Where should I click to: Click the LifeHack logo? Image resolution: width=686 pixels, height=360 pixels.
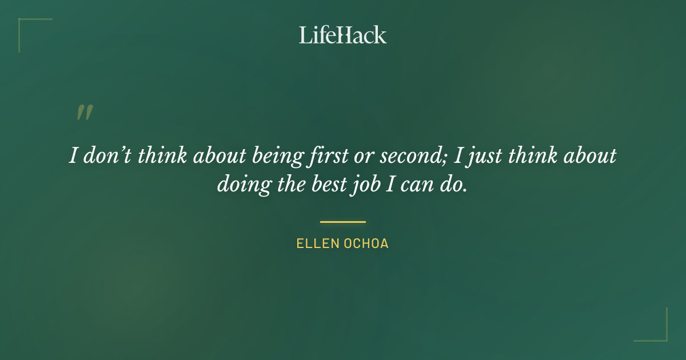coord(343,35)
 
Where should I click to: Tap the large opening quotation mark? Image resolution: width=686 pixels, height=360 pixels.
coord(85,113)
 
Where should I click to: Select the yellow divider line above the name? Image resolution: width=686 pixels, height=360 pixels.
coord(343,222)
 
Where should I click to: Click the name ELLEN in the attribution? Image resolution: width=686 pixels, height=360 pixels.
coord(317,244)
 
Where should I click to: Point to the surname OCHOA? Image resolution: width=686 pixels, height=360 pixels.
coord(365,244)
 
